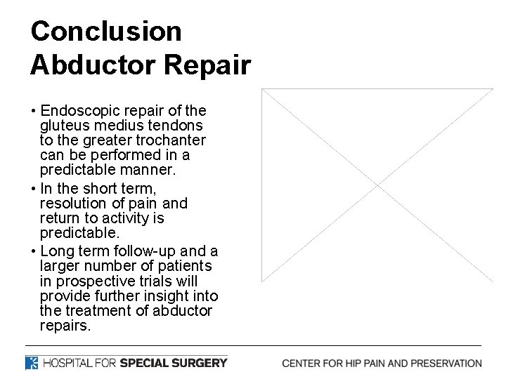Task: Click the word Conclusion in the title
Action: [106, 31]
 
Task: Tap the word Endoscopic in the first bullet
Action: [79, 111]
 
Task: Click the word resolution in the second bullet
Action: [73, 204]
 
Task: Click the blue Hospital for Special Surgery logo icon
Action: [32, 363]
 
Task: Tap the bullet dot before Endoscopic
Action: [34, 112]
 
